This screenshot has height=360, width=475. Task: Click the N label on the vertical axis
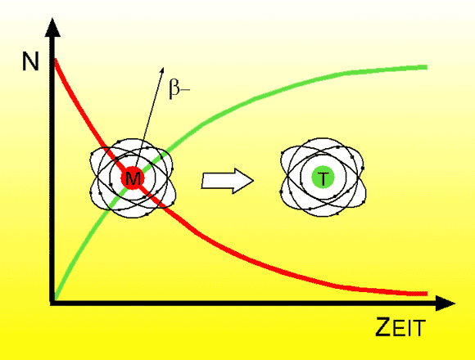[x=30, y=61]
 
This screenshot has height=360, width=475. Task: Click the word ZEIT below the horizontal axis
[x=400, y=326]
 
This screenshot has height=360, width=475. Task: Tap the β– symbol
[x=179, y=88]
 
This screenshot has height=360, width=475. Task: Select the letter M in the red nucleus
[x=133, y=178]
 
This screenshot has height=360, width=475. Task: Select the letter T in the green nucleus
[x=323, y=178]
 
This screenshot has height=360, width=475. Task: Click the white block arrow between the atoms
[x=227, y=181]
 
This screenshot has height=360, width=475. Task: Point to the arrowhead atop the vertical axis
[x=52, y=27]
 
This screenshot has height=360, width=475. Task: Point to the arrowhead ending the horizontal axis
[x=446, y=303]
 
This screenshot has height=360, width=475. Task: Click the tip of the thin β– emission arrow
[x=164, y=67]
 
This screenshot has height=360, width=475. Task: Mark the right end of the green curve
[x=427, y=67]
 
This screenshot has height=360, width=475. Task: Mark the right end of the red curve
[x=427, y=294]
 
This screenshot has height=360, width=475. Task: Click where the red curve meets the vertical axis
[x=55, y=59]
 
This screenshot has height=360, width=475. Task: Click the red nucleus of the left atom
[x=133, y=178]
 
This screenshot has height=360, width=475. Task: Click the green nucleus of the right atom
[x=323, y=178]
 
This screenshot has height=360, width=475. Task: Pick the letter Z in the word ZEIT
[x=383, y=326]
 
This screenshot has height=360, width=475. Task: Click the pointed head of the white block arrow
[x=252, y=181]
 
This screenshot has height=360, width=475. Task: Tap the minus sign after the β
[x=185, y=89]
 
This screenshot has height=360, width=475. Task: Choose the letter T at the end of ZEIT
[x=419, y=328]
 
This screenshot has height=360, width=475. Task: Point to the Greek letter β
[x=174, y=88]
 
